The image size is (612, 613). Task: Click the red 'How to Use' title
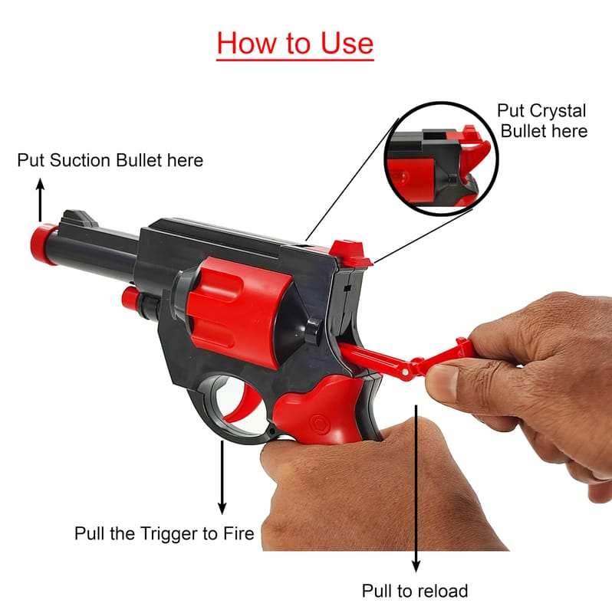[295, 43]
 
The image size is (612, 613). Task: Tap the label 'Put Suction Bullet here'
[110, 160]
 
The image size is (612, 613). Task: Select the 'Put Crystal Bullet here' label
[542, 120]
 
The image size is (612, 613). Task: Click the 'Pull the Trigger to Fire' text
[164, 533]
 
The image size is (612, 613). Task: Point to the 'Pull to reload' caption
[415, 591]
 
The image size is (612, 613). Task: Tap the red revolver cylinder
[238, 309]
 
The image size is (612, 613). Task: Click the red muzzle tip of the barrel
[44, 244]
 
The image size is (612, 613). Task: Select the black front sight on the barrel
[80, 218]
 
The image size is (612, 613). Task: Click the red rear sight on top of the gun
[350, 253]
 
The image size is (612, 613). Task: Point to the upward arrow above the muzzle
[41, 200]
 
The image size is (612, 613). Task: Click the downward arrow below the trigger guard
[222, 477]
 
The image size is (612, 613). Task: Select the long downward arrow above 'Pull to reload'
[416, 488]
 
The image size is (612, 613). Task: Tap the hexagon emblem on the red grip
[319, 424]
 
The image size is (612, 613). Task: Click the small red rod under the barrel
[130, 298]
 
